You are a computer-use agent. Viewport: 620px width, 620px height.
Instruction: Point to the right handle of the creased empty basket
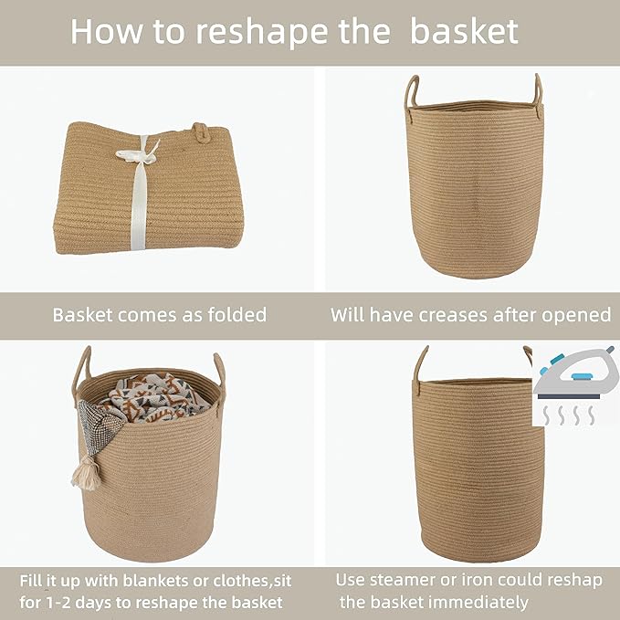coord(537,91)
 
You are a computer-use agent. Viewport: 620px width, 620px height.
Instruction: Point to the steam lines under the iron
coord(564,415)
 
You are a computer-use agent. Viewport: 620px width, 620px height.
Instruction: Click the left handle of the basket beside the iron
coord(420,365)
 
